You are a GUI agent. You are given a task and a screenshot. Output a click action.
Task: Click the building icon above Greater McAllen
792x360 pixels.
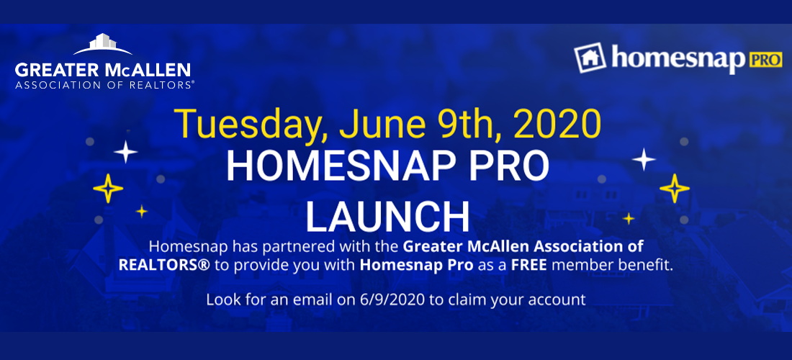coord(102,44)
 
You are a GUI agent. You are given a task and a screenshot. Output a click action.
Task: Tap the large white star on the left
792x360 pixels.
coord(126,152)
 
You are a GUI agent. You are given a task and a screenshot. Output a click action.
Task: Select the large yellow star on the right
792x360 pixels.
coord(675,189)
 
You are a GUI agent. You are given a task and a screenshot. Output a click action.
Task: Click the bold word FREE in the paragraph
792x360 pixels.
coord(530,264)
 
